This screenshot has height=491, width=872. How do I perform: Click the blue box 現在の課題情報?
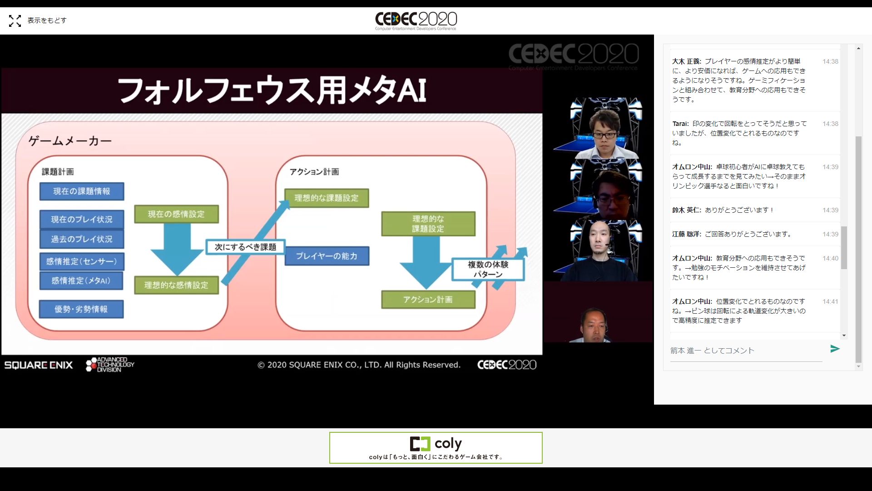click(x=82, y=191)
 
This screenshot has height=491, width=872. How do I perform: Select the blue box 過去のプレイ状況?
click(x=82, y=239)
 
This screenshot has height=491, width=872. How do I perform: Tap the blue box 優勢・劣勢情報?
click(x=81, y=309)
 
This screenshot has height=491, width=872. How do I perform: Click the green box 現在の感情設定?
click(x=176, y=214)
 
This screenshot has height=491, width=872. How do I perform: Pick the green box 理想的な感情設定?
click(x=176, y=285)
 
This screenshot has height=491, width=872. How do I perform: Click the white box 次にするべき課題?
click(x=245, y=247)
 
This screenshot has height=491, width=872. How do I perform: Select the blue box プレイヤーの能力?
click(x=327, y=256)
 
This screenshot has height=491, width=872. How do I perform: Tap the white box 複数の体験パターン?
click(x=488, y=269)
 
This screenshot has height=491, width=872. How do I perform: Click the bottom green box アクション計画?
click(x=428, y=300)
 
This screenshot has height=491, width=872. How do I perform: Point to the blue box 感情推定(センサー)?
click(x=82, y=261)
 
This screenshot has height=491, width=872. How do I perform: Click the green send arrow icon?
click(x=835, y=349)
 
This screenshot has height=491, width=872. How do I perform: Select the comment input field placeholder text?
click(x=712, y=351)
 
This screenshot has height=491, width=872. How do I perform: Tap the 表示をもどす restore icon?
click(x=15, y=20)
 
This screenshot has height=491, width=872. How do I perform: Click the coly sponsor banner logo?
click(x=436, y=443)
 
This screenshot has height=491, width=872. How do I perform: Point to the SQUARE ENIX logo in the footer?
click(x=39, y=365)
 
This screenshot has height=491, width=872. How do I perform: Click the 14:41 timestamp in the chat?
click(x=830, y=301)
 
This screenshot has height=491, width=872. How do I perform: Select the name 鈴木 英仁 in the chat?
click(x=687, y=210)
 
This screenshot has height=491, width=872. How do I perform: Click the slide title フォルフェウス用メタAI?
click(x=272, y=90)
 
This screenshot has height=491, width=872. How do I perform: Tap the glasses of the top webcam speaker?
click(x=605, y=135)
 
